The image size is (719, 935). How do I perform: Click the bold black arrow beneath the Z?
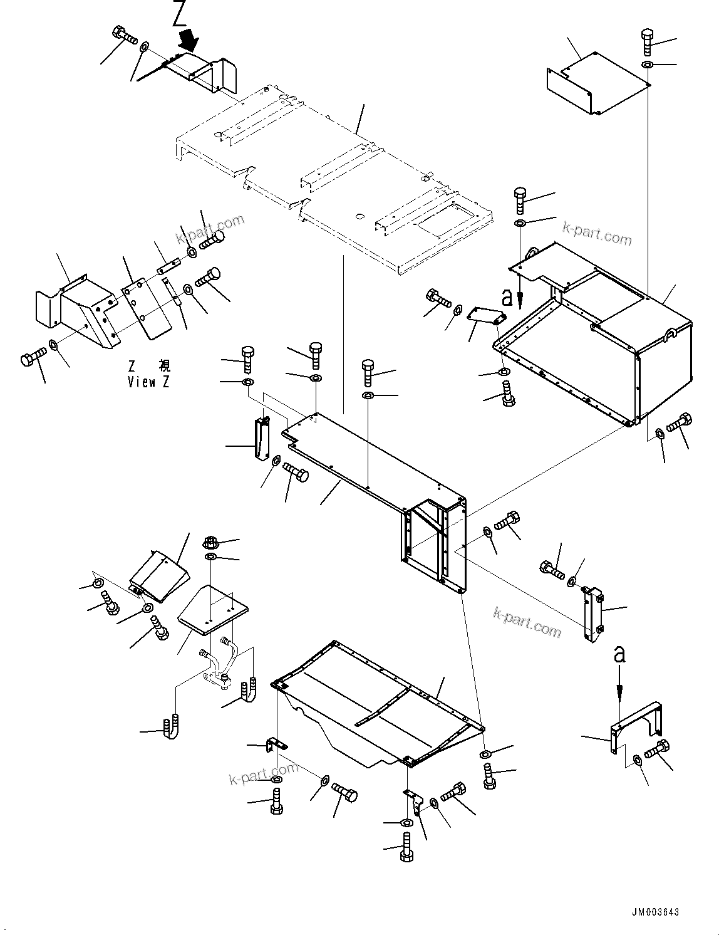188,41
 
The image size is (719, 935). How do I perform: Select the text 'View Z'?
148,382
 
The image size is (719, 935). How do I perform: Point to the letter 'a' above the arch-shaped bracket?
619,655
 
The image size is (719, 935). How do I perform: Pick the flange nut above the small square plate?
210,542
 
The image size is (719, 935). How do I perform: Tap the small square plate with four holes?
213,608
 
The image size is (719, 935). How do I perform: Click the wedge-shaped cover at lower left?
159,575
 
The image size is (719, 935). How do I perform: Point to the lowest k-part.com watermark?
263,775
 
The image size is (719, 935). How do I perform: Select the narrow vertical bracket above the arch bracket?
592,614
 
